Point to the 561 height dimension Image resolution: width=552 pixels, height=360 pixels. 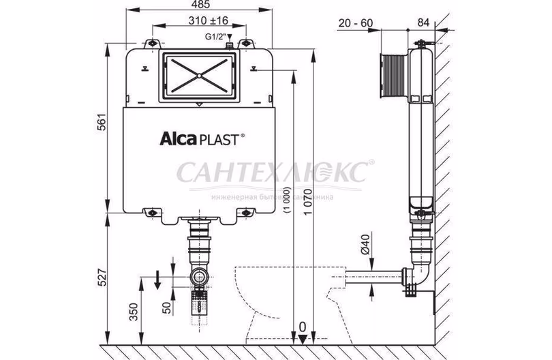point(100,125)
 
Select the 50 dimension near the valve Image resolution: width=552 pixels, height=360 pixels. point(166,307)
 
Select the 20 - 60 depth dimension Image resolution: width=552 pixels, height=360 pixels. point(356,23)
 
